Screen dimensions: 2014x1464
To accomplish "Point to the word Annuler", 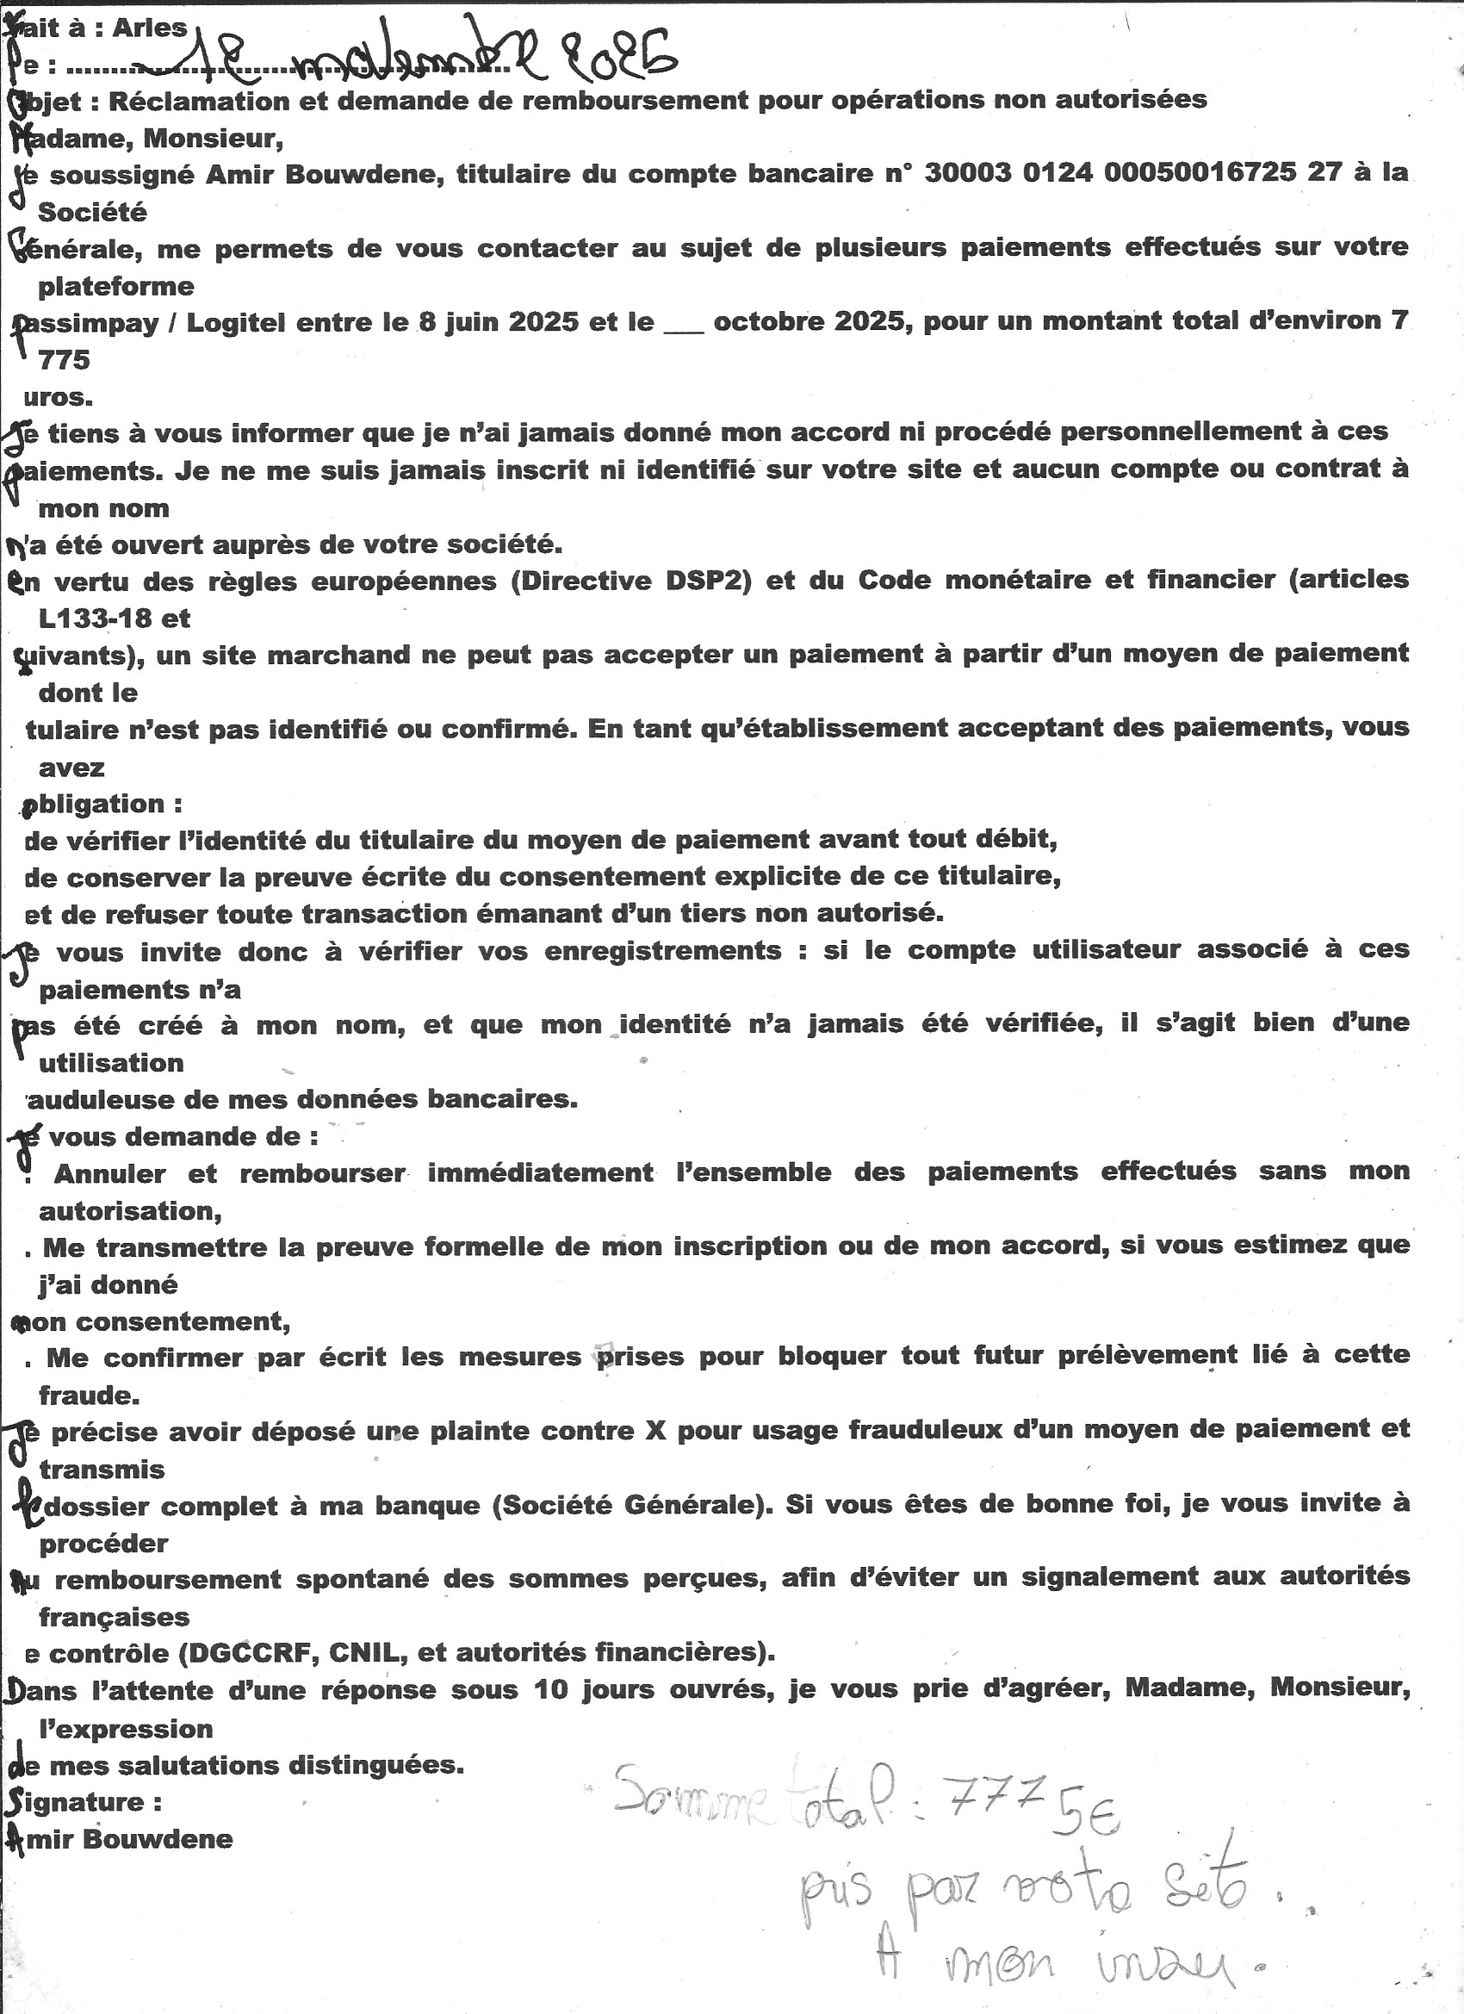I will tap(109, 1174).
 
